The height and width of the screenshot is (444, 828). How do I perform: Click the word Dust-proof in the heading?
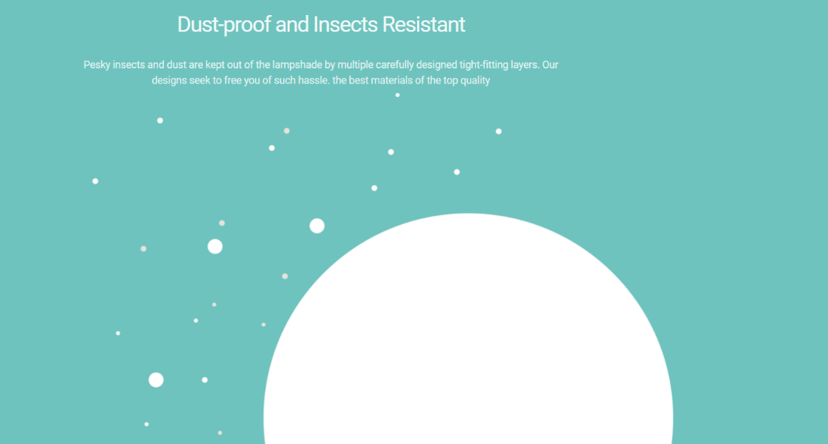(224, 25)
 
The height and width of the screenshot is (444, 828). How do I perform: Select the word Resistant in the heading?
(424, 24)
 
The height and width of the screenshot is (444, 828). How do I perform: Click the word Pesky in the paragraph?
(96, 65)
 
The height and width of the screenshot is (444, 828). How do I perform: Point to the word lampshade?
(297, 65)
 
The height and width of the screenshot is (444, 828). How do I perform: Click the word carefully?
(394, 65)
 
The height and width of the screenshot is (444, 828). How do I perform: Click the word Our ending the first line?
(550, 65)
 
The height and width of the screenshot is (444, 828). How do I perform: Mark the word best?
(358, 81)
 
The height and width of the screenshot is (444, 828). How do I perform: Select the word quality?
(475, 81)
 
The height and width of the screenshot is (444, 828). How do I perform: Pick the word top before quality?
(450, 81)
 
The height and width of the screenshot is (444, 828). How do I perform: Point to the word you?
(252, 81)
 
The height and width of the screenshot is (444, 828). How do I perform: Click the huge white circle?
(468, 338)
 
